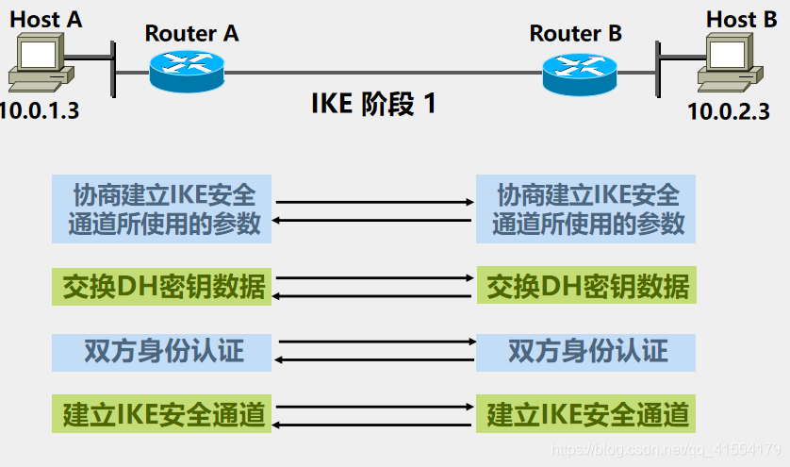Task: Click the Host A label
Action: [46, 18]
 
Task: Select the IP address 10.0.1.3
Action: [40, 109]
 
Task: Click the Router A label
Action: [191, 33]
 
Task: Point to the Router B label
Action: [575, 33]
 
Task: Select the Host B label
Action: [741, 18]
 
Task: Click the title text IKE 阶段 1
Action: [373, 104]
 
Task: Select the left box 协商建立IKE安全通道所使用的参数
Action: [162, 208]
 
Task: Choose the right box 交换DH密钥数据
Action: [586, 285]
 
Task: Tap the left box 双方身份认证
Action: [162, 351]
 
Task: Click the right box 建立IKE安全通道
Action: [586, 414]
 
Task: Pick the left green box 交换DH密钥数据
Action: [162, 285]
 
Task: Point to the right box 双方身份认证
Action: [586, 351]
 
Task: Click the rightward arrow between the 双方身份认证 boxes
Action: [373, 342]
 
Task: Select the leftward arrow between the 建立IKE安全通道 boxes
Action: [373, 424]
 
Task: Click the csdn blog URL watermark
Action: [665, 449]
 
